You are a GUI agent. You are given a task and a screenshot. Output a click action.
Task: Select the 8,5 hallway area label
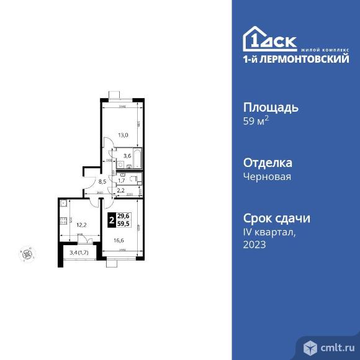pos(103,182)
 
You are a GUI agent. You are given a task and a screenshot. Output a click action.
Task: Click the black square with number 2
pos(111,219)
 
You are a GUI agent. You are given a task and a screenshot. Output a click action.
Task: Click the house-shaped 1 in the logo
pos(254,38)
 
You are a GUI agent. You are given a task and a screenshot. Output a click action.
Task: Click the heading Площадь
pos(271,107)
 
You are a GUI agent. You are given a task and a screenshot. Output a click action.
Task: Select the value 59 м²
pos(256,121)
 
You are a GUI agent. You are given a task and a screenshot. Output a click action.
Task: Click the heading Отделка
pos(268,163)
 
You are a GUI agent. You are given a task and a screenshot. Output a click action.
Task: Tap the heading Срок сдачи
pos(276,218)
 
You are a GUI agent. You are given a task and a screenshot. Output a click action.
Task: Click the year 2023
pos(254,245)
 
